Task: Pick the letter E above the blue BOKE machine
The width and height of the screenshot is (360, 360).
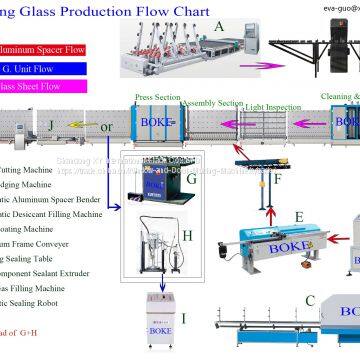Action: coord(298,216)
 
